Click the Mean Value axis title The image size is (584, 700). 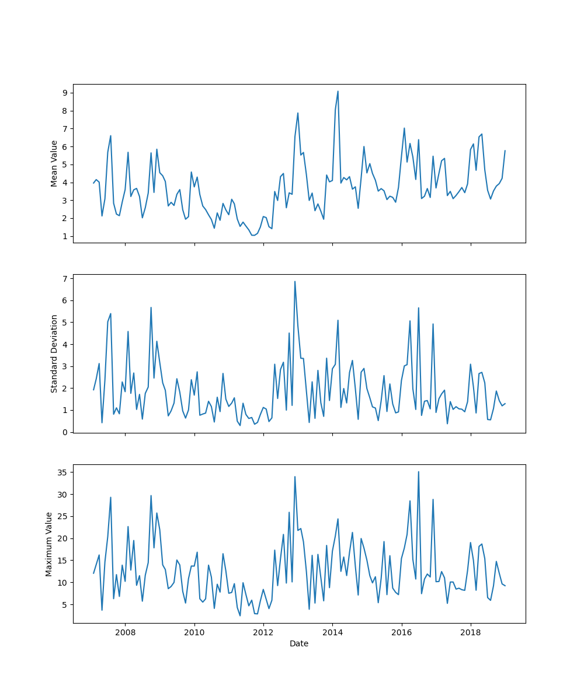point(54,163)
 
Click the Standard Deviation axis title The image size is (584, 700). point(54,353)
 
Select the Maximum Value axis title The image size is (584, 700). point(49,544)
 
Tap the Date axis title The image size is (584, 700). point(299,643)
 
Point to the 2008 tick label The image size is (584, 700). point(125,633)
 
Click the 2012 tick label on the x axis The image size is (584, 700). point(263,633)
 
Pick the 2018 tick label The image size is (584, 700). point(471,633)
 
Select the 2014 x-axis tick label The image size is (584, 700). point(332,633)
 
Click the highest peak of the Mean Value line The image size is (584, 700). point(338,91)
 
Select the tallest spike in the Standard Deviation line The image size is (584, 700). point(295,281)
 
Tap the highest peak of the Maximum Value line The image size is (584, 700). point(418,471)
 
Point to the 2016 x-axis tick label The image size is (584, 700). point(401,633)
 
